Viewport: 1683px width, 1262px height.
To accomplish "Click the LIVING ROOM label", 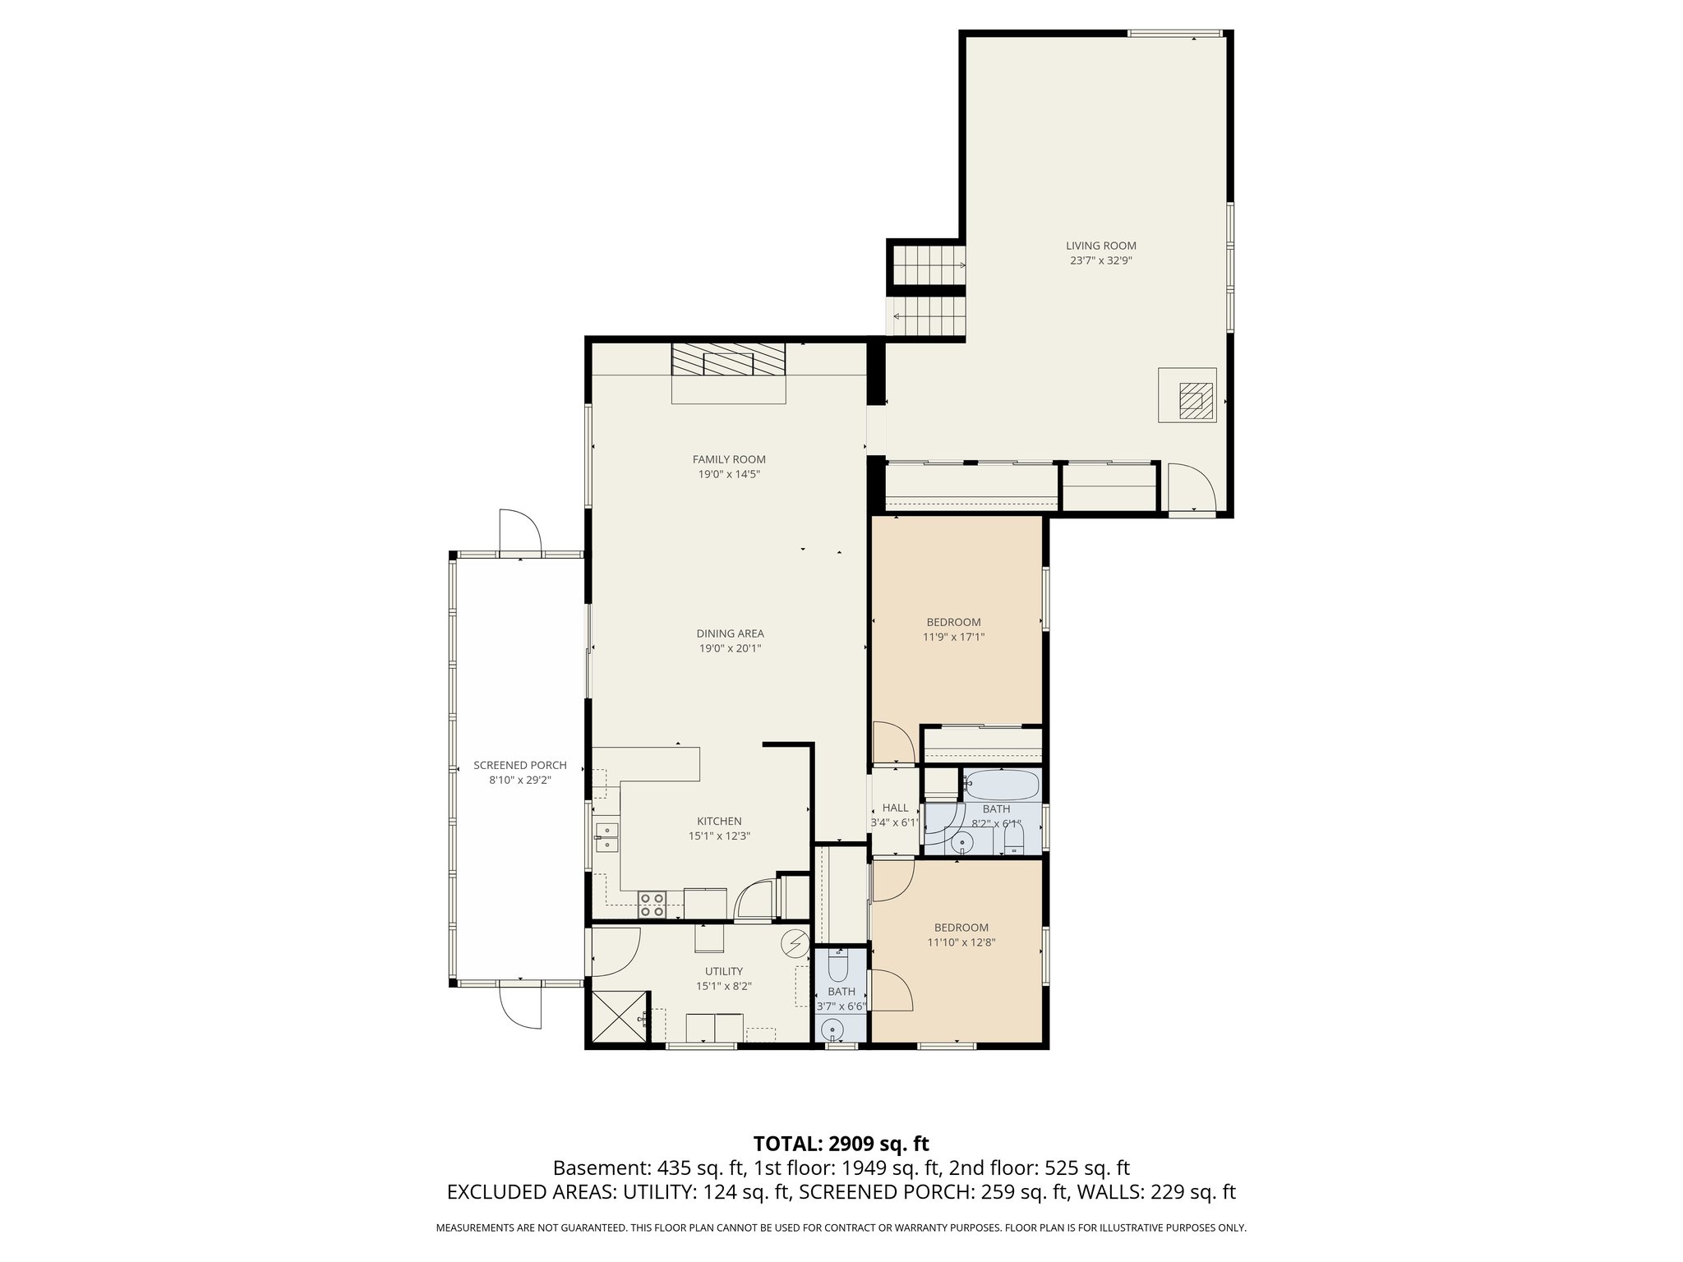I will tap(1101, 246).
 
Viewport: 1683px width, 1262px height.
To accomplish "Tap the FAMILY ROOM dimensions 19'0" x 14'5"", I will tap(729, 474).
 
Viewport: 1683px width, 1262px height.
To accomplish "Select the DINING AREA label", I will tap(730, 633).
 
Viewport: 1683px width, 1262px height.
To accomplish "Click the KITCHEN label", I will tap(719, 821).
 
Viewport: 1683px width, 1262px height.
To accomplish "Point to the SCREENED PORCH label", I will tap(519, 765).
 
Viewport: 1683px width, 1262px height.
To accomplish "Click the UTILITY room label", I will tap(723, 971).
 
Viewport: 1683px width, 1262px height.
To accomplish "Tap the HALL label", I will tap(895, 808).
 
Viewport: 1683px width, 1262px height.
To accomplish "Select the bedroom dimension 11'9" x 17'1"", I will tap(953, 637).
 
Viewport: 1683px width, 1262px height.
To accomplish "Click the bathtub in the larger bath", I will tap(1001, 785).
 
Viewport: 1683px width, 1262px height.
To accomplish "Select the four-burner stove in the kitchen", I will tap(652, 904).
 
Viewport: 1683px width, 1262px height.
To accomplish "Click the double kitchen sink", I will tap(607, 837).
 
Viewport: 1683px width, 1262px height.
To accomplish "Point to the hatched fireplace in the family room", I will tap(728, 360).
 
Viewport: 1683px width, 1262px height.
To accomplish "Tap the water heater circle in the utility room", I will tap(795, 944).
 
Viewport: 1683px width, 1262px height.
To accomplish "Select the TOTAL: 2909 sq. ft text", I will tap(841, 1144).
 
